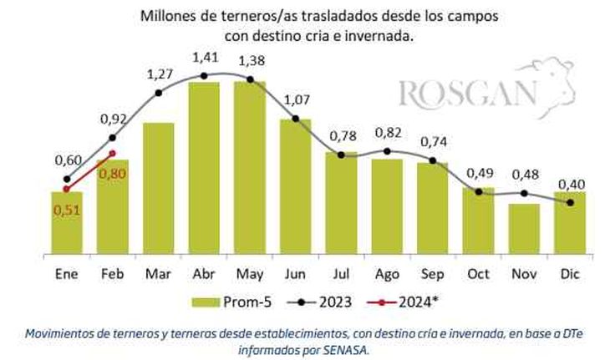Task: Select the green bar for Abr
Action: point(204,167)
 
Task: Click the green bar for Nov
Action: point(523,227)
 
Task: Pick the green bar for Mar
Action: point(159,188)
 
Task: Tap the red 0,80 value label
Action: point(113,174)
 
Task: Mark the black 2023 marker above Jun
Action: point(295,121)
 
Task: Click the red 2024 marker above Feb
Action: point(113,153)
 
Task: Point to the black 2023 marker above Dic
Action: point(569,202)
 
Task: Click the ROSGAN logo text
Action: point(467,94)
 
